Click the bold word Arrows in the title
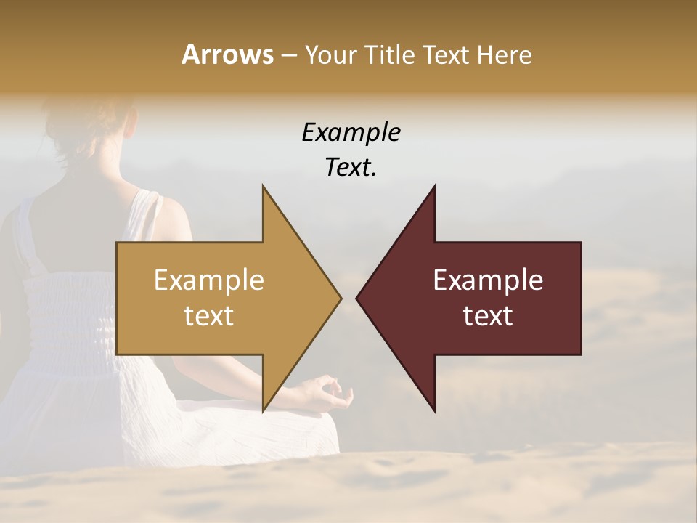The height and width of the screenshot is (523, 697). coord(227,54)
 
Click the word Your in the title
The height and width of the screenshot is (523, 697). coord(330,54)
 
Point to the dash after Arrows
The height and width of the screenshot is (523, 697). coord(288,55)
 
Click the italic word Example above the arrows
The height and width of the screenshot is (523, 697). coord(351,132)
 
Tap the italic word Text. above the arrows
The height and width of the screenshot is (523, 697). coord(351,167)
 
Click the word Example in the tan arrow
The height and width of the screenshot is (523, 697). coord(209,280)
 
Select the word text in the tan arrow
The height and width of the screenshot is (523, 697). coord(209,315)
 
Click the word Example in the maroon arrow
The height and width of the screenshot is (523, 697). coord(488,280)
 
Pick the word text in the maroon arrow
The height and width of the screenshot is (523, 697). coord(488,315)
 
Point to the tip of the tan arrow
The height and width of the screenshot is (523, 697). coord(340,298)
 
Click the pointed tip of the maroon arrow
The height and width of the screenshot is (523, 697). coord(357,298)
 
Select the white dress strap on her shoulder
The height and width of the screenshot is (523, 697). coord(149,211)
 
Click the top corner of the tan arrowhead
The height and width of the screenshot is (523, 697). coord(264,187)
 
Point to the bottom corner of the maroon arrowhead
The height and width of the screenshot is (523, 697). coord(434,410)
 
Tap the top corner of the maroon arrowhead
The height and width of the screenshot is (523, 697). coord(434,187)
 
